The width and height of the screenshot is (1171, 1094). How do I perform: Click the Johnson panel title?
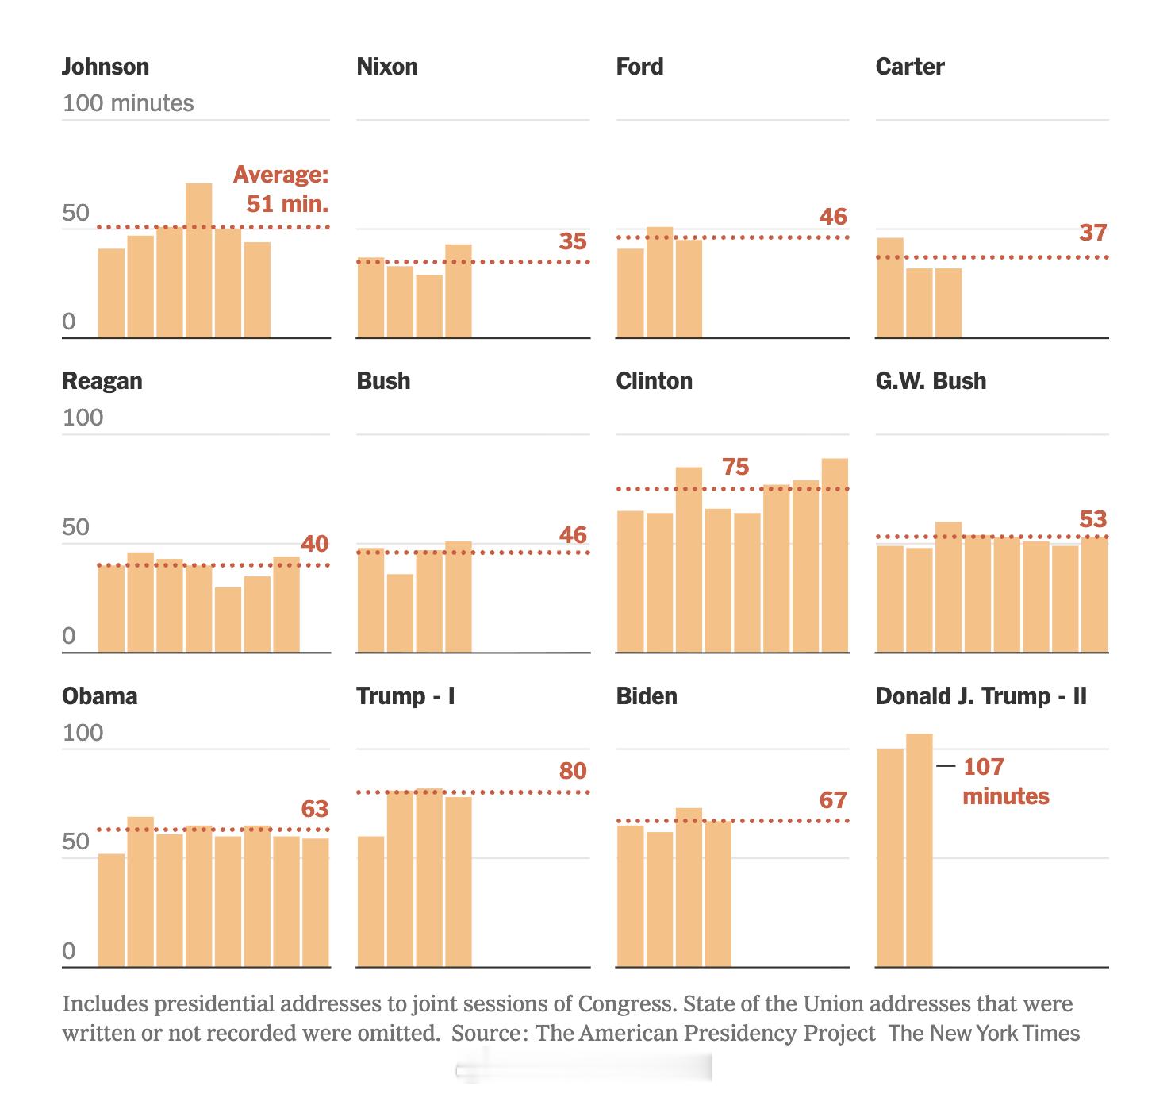106,66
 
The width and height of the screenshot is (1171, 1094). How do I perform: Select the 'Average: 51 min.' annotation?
282,189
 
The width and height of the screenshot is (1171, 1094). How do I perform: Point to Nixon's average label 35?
572,241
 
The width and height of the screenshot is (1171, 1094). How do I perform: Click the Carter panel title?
909,66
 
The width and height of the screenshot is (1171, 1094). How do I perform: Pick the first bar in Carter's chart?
889,287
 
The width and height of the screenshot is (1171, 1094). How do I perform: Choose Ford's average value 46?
833,217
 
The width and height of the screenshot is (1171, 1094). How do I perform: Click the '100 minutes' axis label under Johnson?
128,103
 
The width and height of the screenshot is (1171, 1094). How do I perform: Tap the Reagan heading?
102,380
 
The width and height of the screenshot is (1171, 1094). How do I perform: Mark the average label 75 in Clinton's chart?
735,467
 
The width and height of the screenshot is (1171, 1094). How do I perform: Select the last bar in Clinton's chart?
835,555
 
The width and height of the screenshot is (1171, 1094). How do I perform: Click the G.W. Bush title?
931,380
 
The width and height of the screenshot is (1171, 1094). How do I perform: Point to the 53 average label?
1092,519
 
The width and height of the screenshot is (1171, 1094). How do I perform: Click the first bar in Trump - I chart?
370,901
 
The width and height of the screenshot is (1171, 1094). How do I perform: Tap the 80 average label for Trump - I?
572,771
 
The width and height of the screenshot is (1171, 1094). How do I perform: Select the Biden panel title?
647,696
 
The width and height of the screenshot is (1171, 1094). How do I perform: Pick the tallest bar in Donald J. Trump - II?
919,849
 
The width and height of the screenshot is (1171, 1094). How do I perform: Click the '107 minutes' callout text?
1005,781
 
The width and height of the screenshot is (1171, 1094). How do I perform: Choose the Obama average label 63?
314,809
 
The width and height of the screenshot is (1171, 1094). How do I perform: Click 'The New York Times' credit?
984,1033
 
